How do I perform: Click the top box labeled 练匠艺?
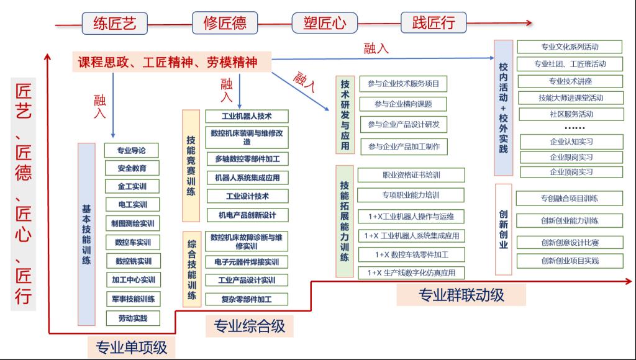point(114,24)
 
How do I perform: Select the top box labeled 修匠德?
point(225,23)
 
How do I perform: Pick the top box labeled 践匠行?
point(434,23)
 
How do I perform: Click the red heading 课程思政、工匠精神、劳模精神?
point(167,62)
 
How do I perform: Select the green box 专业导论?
point(132,150)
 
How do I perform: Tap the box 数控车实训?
point(132,242)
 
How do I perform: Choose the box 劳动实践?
point(132,318)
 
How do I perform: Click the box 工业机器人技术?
point(247,116)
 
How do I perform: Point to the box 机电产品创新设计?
point(247,215)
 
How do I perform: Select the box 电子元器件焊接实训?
point(247,262)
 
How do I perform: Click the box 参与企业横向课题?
point(402,104)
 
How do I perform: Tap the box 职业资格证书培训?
point(411,176)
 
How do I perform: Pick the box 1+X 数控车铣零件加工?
point(411,254)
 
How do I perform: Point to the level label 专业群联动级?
point(461,295)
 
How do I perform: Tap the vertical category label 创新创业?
point(503,229)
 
